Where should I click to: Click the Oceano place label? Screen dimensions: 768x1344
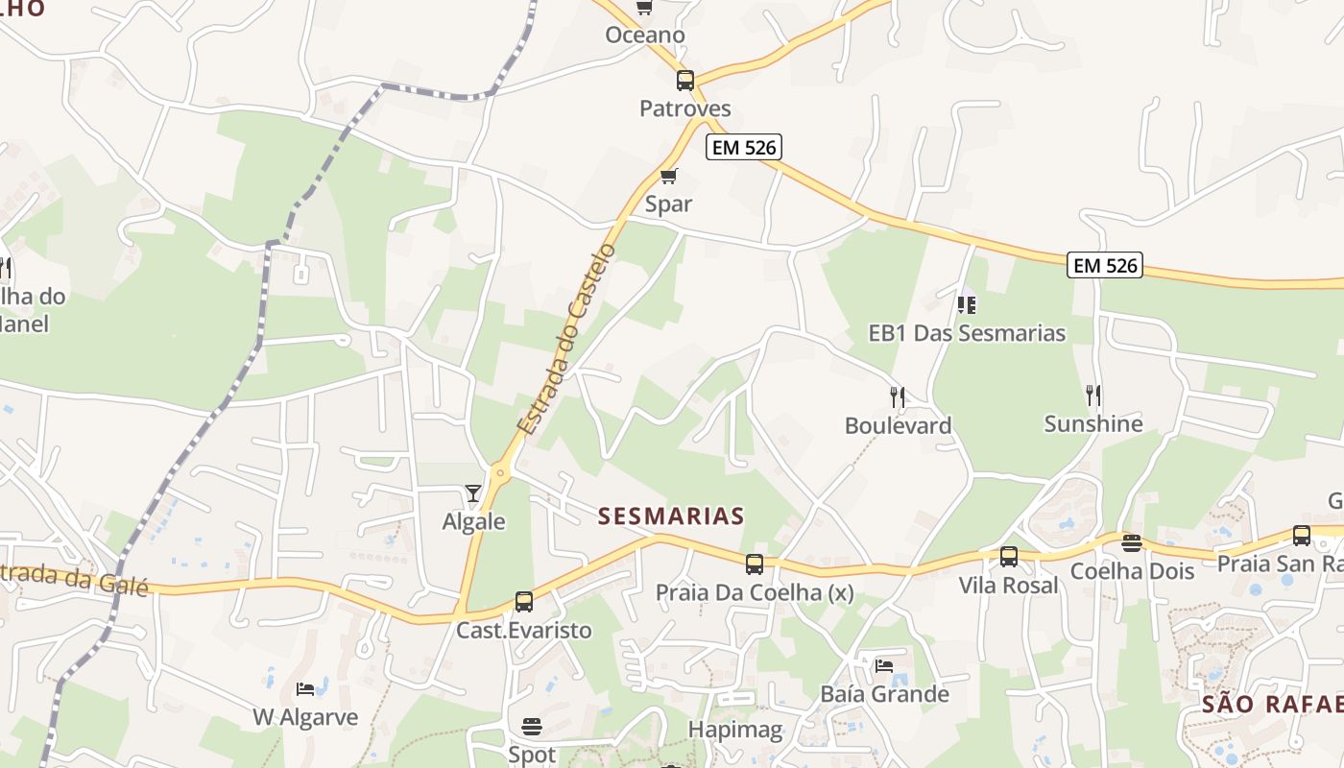(x=645, y=36)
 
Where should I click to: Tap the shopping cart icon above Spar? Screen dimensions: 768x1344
(x=669, y=176)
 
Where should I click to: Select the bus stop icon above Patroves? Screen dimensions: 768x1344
(x=685, y=81)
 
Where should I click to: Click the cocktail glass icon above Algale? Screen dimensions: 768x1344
(x=473, y=493)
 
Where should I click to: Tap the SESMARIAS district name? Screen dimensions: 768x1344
(x=671, y=516)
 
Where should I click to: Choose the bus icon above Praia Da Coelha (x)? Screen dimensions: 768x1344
(x=755, y=564)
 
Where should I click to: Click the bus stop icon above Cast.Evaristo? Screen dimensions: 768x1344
(x=523, y=602)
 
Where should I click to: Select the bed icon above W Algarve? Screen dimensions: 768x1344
(x=305, y=689)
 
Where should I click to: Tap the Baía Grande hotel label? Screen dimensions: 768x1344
(x=884, y=694)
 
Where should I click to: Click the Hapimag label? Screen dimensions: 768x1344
(x=735, y=730)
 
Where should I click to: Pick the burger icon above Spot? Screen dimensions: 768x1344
(x=532, y=726)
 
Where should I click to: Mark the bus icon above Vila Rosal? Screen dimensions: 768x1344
(x=1009, y=557)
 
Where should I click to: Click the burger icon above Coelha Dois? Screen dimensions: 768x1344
(x=1132, y=543)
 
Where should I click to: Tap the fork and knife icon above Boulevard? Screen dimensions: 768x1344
(x=898, y=396)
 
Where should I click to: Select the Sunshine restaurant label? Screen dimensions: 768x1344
(x=1092, y=424)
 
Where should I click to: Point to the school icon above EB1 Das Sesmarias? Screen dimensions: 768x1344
(x=967, y=305)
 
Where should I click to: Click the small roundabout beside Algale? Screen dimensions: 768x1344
(x=499, y=472)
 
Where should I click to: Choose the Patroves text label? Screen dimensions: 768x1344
(x=685, y=108)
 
